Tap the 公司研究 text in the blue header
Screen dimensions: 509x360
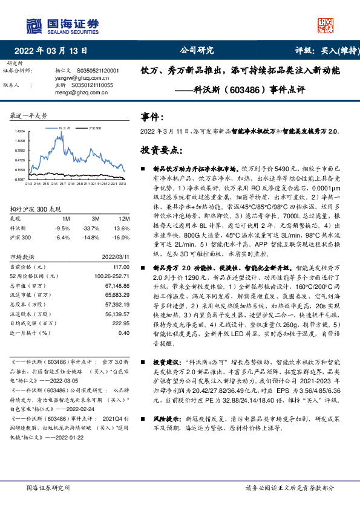[197, 51]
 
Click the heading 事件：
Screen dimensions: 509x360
[152, 117]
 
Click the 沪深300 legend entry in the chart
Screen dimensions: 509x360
[94, 129]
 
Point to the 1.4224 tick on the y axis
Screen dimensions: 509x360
[20, 131]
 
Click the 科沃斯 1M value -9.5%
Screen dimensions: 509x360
[62, 228]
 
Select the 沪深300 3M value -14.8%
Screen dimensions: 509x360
[91, 237]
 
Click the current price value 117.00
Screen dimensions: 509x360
[121, 267]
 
